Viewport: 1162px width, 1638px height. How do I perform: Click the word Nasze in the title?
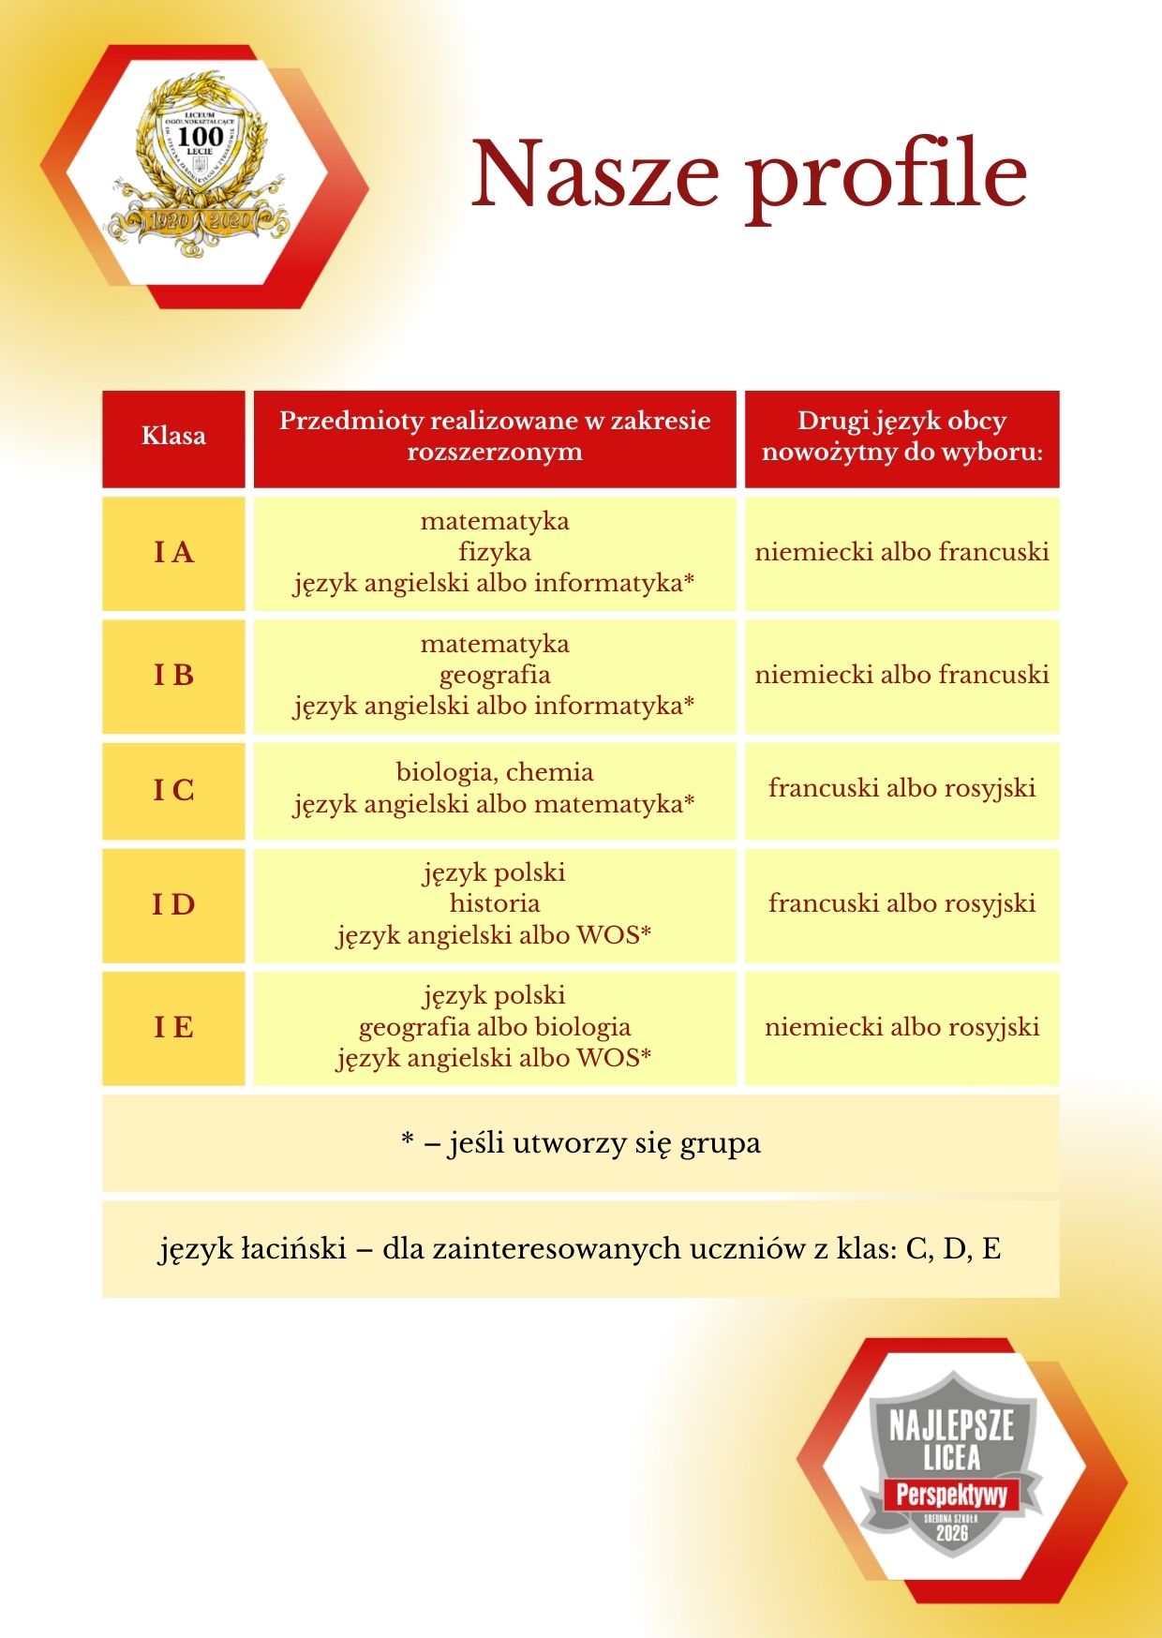point(595,174)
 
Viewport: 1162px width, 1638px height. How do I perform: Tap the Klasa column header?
point(173,436)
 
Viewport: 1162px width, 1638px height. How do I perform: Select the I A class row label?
point(173,553)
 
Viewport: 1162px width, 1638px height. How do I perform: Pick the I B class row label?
point(173,675)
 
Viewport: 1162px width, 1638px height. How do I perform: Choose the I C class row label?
point(173,791)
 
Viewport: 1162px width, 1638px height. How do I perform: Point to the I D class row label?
point(173,905)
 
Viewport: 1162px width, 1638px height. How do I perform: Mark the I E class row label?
point(173,1028)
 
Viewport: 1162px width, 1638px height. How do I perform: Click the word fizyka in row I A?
point(495,552)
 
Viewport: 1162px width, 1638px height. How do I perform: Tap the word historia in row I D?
point(495,903)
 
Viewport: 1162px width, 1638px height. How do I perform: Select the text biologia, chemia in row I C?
point(495,772)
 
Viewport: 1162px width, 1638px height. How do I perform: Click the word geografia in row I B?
point(495,676)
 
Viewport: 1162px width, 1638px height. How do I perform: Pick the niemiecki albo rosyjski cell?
point(901,1027)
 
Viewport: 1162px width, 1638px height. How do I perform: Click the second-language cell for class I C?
point(901,788)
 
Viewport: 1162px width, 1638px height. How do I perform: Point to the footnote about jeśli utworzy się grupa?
point(581,1143)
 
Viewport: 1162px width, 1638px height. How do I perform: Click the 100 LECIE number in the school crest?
point(200,137)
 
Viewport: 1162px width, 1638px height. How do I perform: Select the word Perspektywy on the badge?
point(951,1494)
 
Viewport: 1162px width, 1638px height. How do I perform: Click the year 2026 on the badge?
point(951,1534)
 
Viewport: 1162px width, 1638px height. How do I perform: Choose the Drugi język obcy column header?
point(901,437)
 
